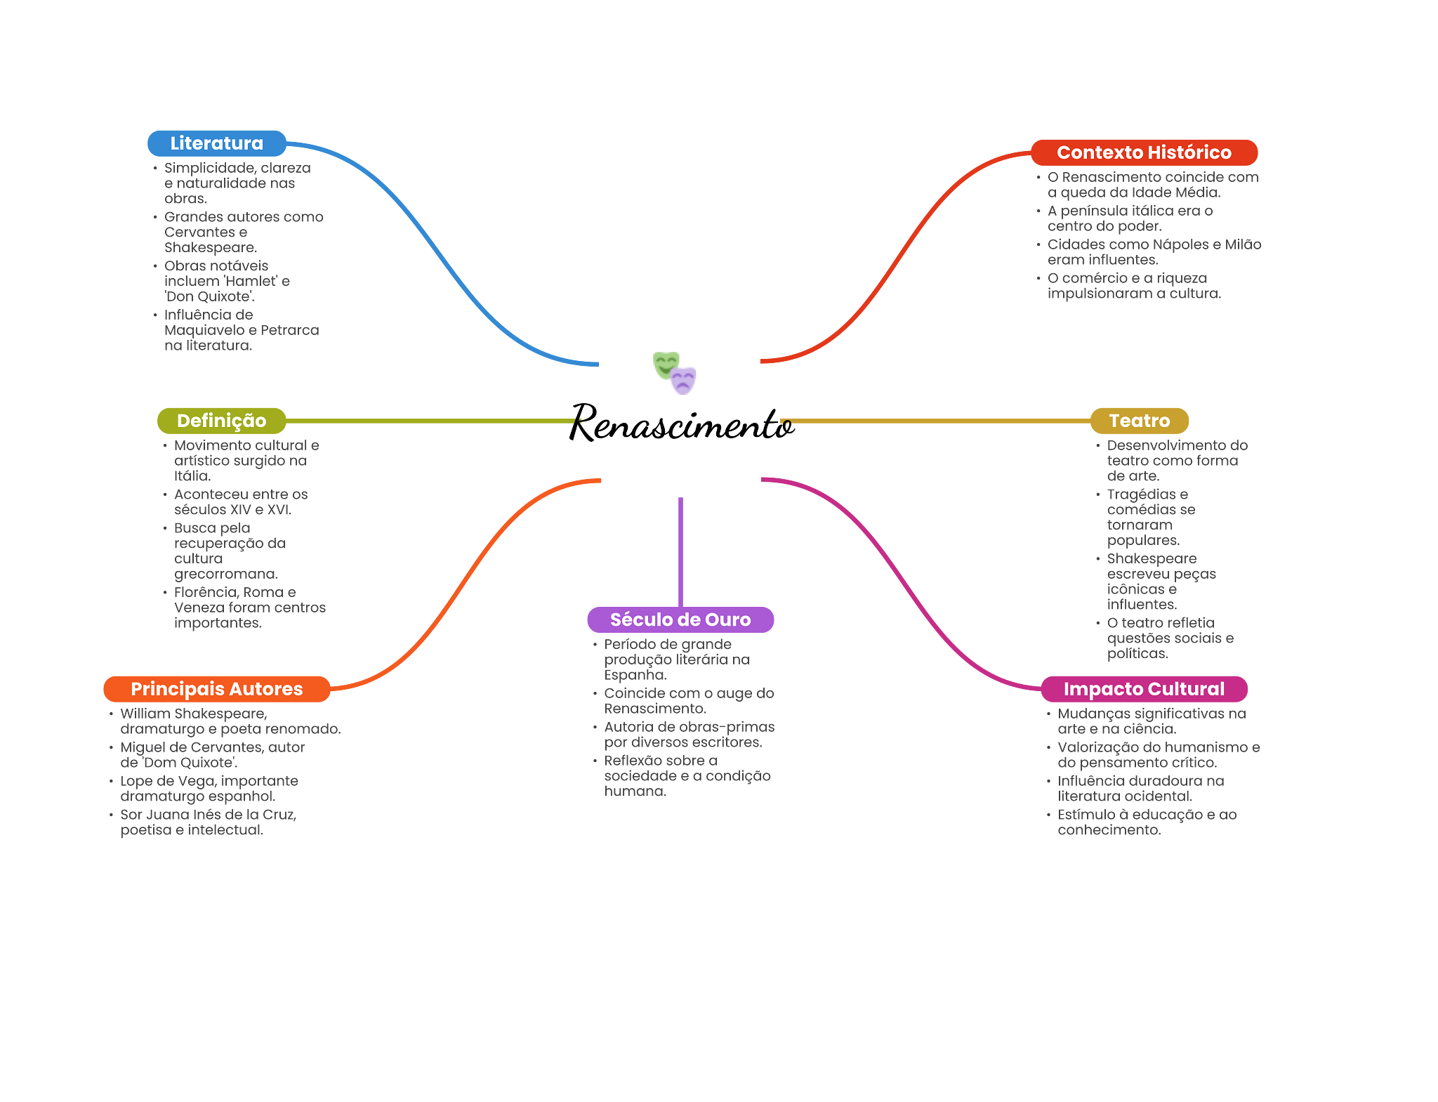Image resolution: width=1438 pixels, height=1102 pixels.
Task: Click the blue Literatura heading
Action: [216, 143]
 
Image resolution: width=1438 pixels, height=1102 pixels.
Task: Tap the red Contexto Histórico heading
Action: [1144, 152]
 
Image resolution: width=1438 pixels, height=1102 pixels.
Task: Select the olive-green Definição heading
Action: [221, 421]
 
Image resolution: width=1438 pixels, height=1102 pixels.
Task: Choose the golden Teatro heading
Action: [1139, 421]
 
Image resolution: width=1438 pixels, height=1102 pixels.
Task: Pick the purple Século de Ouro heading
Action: [680, 619]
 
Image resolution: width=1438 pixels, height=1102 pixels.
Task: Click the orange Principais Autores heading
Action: [216, 689]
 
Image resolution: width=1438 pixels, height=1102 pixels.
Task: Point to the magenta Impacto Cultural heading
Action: [1144, 689]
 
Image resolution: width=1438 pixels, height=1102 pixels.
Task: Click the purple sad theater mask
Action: [683, 381]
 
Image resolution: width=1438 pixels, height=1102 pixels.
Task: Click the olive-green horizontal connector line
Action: [428, 421]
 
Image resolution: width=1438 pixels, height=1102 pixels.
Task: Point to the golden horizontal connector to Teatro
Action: [934, 421]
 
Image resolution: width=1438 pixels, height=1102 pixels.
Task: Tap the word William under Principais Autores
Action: [144, 714]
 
